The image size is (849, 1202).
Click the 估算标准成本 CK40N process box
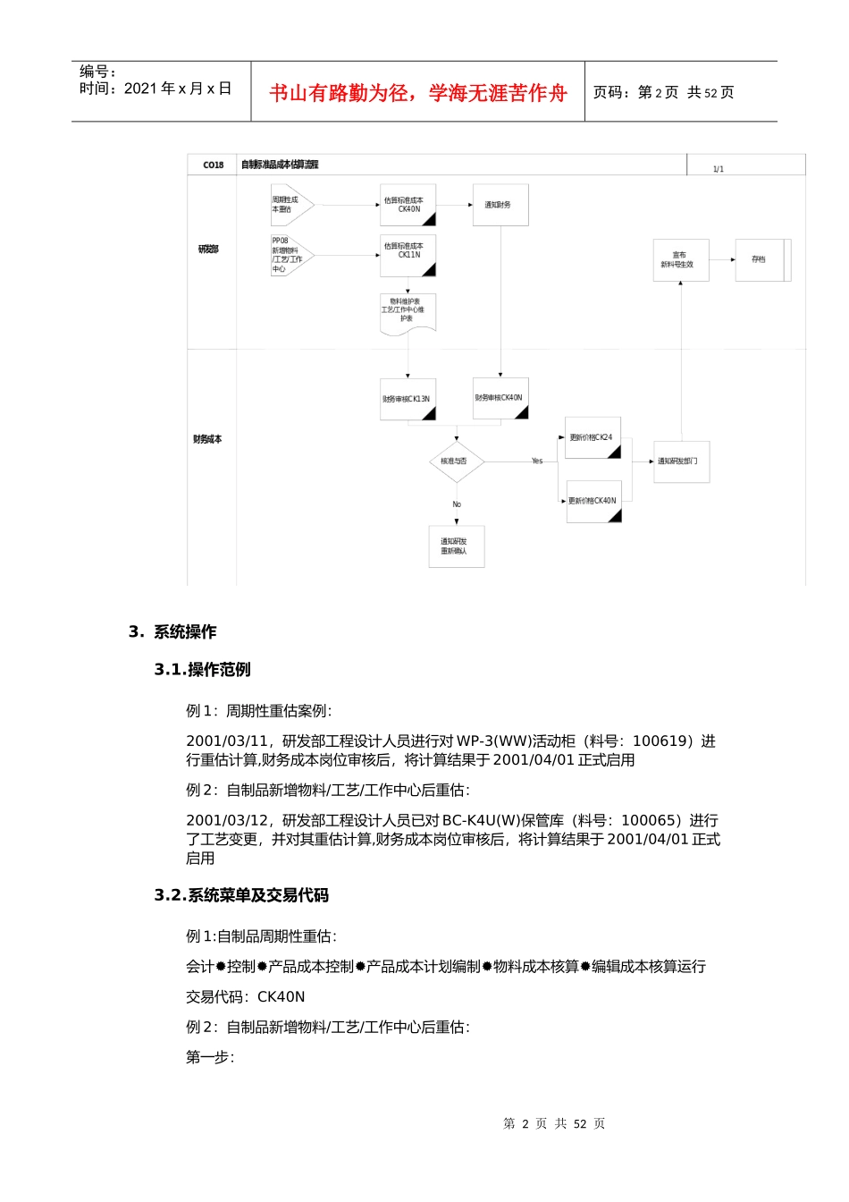(408, 205)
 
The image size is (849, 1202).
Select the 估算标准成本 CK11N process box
(408, 255)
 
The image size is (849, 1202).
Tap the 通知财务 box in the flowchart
(500, 205)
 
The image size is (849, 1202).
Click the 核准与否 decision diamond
(456, 461)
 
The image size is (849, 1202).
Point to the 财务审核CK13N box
(408, 399)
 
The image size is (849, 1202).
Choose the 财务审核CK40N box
(500, 398)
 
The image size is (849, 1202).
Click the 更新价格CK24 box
(593, 437)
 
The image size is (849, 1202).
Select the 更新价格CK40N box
(593, 501)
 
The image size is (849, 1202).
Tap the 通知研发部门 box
(681, 461)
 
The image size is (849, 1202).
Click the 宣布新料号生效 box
(680, 260)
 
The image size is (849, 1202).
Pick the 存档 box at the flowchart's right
(760, 259)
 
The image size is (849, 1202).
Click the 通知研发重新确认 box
(456, 546)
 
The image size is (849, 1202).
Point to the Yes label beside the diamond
(537, 461)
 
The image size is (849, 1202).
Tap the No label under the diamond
(457, 504)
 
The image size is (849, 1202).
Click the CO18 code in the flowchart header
(213, 165)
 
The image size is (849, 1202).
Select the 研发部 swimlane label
(208, 250)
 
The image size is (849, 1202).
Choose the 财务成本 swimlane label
(207, 439)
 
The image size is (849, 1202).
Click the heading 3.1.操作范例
(202, 670)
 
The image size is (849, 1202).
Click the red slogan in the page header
(418, 93)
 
